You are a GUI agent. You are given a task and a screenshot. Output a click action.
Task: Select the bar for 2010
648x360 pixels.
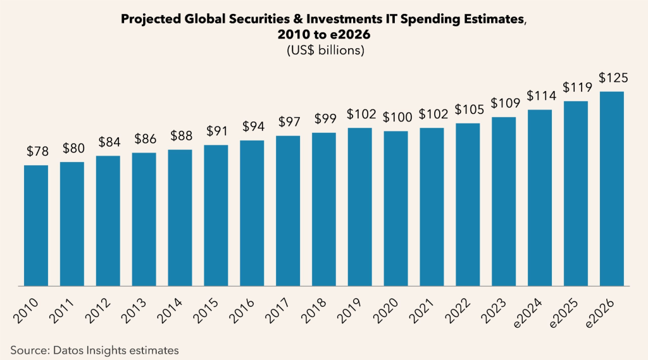pyautogui.click(x=36, y=226)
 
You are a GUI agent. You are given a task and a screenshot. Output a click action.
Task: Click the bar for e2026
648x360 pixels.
pyautogui.click(x=612, y=189)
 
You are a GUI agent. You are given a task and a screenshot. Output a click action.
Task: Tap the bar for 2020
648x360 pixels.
pyautogui.click(x=396, y=209)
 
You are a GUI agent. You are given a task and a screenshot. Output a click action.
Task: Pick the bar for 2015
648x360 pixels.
pyautogui.click(x=216, y=216)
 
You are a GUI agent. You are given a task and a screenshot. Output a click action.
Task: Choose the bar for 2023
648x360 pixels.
pyautogui.click(x=504, y=202)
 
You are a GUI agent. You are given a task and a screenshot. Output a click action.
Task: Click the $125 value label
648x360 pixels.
pyautogui.click(x=613, y=78)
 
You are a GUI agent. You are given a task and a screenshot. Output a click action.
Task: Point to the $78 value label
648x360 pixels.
pyautogui.click(x=37, y=152)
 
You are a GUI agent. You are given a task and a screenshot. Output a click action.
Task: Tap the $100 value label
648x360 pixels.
pyautogui.click(x=396, y=118)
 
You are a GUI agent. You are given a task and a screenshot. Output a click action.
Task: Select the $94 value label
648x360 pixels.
pyautogui.click(x=252, y=127)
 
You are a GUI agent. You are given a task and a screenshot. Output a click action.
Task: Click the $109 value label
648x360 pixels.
pyautogui.click(x=504, y=104)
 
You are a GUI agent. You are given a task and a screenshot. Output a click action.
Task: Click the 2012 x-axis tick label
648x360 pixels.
pyautogui.click(x=103, y=307)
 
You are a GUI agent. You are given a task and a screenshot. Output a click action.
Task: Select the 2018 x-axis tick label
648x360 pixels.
pyautogui.click(x=319, y=307)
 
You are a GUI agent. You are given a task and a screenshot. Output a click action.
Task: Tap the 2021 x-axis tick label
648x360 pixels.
pyautogui.click(x=427, y=307)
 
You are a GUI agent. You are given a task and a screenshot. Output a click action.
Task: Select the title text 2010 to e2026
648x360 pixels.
pyautogui.click(x=323, y=36)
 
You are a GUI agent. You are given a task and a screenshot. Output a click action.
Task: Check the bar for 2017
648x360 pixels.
pyautogui.click(x=288, y=211)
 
